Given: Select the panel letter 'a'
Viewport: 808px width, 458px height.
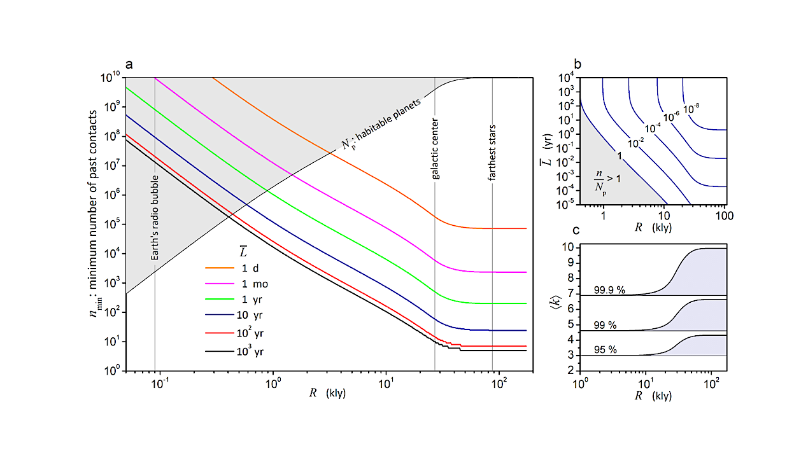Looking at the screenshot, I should coord(129,64).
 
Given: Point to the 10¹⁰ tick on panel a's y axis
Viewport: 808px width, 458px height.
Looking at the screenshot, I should coord(111,77).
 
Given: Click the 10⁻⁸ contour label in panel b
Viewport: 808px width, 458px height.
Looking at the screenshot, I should coord(692,110).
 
